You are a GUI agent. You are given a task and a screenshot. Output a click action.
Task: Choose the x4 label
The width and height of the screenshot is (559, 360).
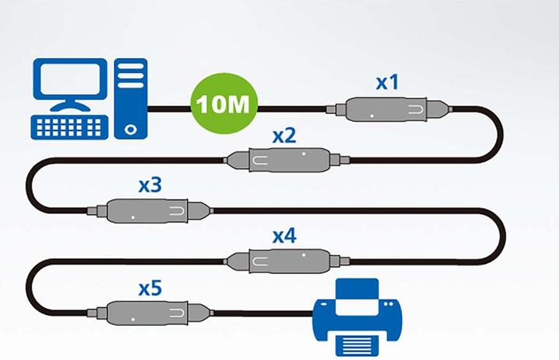[284, 235]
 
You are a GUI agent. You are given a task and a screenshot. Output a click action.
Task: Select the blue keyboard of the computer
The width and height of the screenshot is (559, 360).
[68, 126]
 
